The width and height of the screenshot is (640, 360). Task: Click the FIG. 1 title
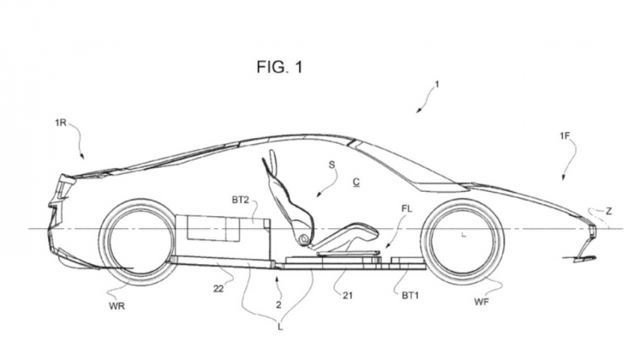(279, 67)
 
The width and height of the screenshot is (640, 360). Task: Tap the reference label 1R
(61, 123)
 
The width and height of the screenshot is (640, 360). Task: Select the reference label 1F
(565, 136)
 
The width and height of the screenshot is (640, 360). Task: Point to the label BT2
(241, 200)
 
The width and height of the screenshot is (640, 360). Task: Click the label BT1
(410, 295)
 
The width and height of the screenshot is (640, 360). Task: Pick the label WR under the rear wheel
(117, 306)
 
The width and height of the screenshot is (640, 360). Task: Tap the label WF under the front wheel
(481, 302)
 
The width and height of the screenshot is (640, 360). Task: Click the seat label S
(332, 165)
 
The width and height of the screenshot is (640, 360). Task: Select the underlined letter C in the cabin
(356, 182)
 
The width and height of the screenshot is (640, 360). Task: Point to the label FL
(407, 208)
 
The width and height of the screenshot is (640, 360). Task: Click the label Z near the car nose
(608, 211)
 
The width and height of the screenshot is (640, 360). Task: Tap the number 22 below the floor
(218, 289)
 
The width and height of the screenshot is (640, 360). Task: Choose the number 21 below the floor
(347, 295)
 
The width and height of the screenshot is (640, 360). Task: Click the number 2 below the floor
(278, 304)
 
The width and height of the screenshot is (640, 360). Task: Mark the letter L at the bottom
(280, 327)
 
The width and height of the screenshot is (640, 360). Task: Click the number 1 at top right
(437, 85)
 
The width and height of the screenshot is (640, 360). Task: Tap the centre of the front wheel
(464, 241)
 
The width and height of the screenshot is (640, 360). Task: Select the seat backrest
(285, 192)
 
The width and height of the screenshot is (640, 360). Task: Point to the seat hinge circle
(303, 239)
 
